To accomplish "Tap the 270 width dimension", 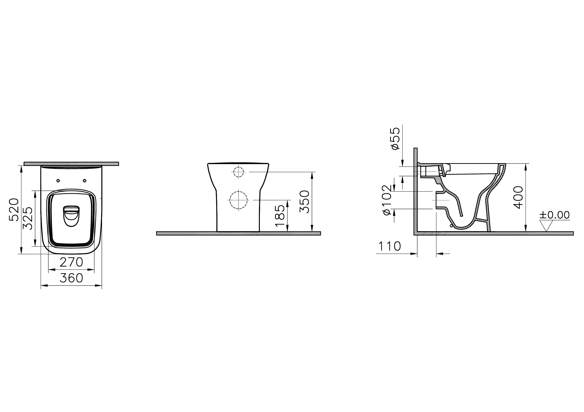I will pos(71,262).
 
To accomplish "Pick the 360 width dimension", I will pos(71,278).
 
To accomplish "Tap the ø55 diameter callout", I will pos(395,138).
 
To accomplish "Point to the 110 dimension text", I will pos(389,246).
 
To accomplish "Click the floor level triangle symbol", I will pos(546,226).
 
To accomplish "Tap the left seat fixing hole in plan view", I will pos(58,181).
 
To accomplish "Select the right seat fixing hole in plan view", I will pos(84,181).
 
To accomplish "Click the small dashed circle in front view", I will pos(238,172).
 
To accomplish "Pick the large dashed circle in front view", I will pos(238,200).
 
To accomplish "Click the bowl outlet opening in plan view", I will pos(71,216).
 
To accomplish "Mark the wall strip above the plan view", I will pos(71,164).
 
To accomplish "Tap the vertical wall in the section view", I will pos(415,191).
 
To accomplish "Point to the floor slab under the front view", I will pos(238,233).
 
